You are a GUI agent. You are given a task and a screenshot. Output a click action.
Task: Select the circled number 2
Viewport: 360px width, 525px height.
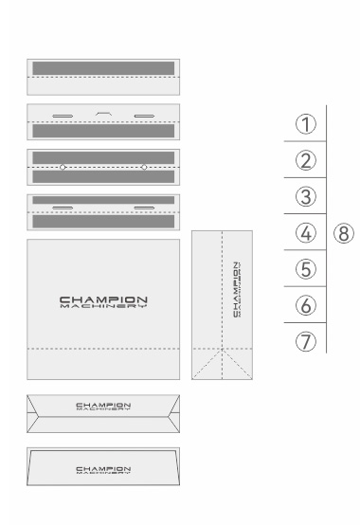tap(306, 161)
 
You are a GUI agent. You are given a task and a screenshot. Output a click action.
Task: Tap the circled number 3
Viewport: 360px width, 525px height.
tap(306, 197)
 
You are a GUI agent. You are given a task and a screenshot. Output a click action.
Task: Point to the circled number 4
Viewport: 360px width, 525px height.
tap(306, 232)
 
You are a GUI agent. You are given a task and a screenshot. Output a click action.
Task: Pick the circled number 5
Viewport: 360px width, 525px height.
tap(306, 268)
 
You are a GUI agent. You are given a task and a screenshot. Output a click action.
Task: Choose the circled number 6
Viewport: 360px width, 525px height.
tap(306, 304)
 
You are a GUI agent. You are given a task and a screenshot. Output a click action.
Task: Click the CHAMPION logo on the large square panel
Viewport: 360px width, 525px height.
tap(103, 302)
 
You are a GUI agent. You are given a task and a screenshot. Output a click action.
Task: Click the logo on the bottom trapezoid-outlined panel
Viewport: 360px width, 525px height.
tap(103, 469)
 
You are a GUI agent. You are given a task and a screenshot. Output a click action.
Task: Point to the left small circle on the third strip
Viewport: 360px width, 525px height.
tap(63, 167)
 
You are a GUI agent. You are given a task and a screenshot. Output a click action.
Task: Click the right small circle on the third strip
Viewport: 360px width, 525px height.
tap(144, 167)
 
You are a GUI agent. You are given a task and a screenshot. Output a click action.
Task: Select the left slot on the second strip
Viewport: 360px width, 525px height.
tap(63, 116)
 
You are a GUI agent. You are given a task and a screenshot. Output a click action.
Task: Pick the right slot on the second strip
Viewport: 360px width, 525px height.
tap(144, 116)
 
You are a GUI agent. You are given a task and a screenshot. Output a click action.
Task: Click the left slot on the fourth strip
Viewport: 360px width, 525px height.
tap(63, 206)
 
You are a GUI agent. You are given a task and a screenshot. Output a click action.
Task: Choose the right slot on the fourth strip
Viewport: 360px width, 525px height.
tap(144, 206)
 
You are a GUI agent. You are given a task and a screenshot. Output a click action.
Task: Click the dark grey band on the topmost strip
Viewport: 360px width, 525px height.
tap(103, 68)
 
